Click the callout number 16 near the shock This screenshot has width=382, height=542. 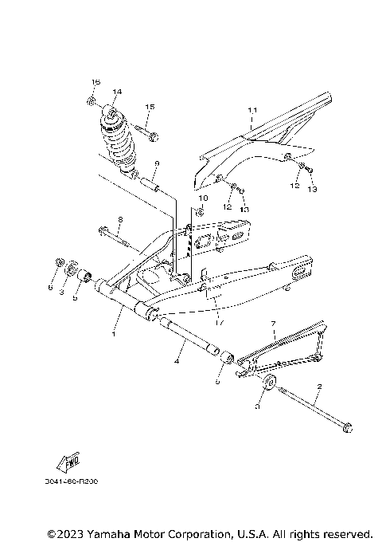click(x=95, y=83)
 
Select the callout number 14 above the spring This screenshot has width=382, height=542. click(x=117, y=92)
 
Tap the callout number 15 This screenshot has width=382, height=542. click(x=149, y=107)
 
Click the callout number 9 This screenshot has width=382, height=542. click(x=157, y=163)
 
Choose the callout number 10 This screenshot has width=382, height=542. click(x=203, y=198)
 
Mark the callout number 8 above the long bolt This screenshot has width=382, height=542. click(x=120, y=220)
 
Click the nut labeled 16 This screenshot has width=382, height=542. click(x=92, y=101)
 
